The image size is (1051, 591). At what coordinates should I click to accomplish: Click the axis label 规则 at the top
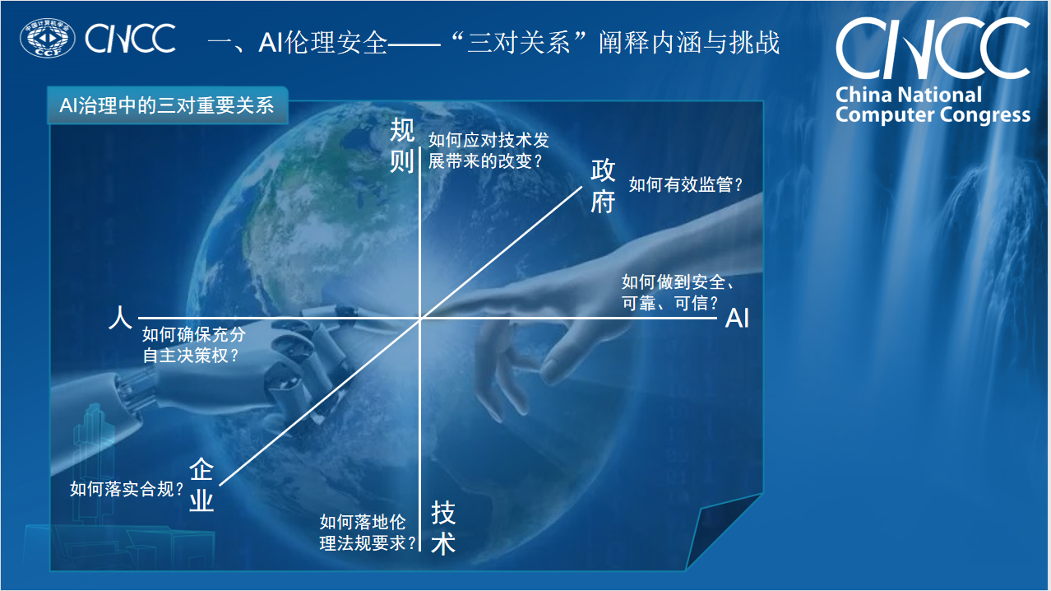402,145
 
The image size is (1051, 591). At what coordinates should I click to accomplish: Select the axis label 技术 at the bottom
443,528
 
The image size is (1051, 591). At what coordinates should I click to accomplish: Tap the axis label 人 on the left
120,319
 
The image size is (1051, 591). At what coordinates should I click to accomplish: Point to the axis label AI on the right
737,319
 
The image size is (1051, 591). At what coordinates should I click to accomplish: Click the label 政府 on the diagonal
603,187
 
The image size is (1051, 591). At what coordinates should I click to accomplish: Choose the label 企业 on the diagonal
201,486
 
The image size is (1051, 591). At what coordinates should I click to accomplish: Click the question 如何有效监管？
686,185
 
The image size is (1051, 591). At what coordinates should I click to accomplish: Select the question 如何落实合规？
127,490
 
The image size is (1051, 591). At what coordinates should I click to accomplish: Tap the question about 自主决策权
193,346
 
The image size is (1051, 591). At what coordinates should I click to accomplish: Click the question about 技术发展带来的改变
488,151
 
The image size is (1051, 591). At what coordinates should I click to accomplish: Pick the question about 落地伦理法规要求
367,533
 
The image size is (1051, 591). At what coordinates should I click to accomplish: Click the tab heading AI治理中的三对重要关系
166,106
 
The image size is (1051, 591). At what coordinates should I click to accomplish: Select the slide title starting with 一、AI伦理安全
493,42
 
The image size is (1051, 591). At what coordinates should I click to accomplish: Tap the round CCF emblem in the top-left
48,40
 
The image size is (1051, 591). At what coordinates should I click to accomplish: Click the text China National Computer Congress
932,105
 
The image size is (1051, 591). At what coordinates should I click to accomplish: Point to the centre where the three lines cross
421,318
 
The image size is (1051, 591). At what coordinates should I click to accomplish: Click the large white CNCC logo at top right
932,48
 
